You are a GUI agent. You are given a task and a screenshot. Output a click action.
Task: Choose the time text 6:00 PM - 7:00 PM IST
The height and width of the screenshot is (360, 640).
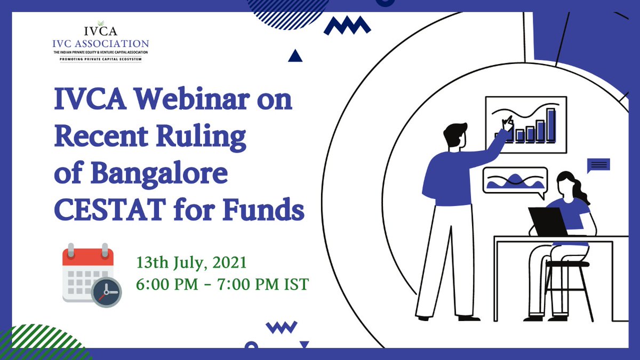click(222, 284)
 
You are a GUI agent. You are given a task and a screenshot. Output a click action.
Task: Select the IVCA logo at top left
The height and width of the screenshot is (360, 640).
click(104, 42)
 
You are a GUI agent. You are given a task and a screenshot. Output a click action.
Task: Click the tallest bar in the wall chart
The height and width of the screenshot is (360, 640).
click(551, 125)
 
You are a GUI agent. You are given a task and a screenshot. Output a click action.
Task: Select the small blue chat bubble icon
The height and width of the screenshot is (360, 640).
click(598, 166)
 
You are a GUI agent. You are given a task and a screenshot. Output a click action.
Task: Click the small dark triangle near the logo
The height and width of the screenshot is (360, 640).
click(295, 55)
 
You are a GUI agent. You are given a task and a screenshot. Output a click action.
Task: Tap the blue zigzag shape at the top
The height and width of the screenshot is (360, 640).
click(347, 26)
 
